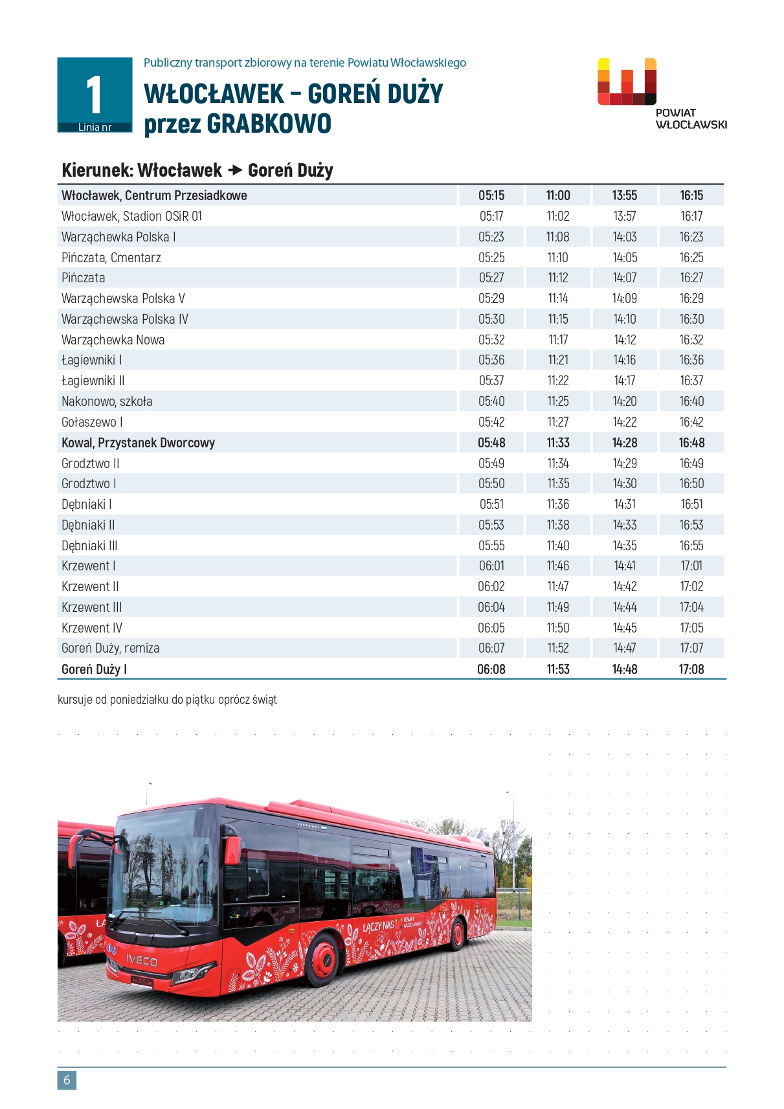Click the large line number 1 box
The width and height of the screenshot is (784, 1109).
(95, 95)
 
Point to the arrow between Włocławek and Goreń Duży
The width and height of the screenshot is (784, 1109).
(235, 170)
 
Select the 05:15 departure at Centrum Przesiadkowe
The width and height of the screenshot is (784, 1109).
(491, 196)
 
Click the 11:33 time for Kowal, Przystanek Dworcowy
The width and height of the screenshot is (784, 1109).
(558, 443)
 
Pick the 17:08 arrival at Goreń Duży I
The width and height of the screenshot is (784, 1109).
(691, 669)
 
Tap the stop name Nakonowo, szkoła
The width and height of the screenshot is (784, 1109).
(107, 401)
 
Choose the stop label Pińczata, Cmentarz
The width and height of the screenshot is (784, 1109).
(111, 258)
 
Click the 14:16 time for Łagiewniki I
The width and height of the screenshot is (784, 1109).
(625, 360)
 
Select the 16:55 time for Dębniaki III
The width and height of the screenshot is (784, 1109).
(691, 546)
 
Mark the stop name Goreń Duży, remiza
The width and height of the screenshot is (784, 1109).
(111, 648)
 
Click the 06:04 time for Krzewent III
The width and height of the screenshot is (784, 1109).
(491, 607)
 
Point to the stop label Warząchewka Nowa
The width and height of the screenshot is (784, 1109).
(113, 340)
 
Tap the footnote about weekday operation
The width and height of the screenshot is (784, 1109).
(167, 700)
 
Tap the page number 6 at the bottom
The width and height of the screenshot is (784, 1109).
(67, 1080)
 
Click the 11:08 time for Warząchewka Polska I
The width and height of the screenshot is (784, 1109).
(558, 237)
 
